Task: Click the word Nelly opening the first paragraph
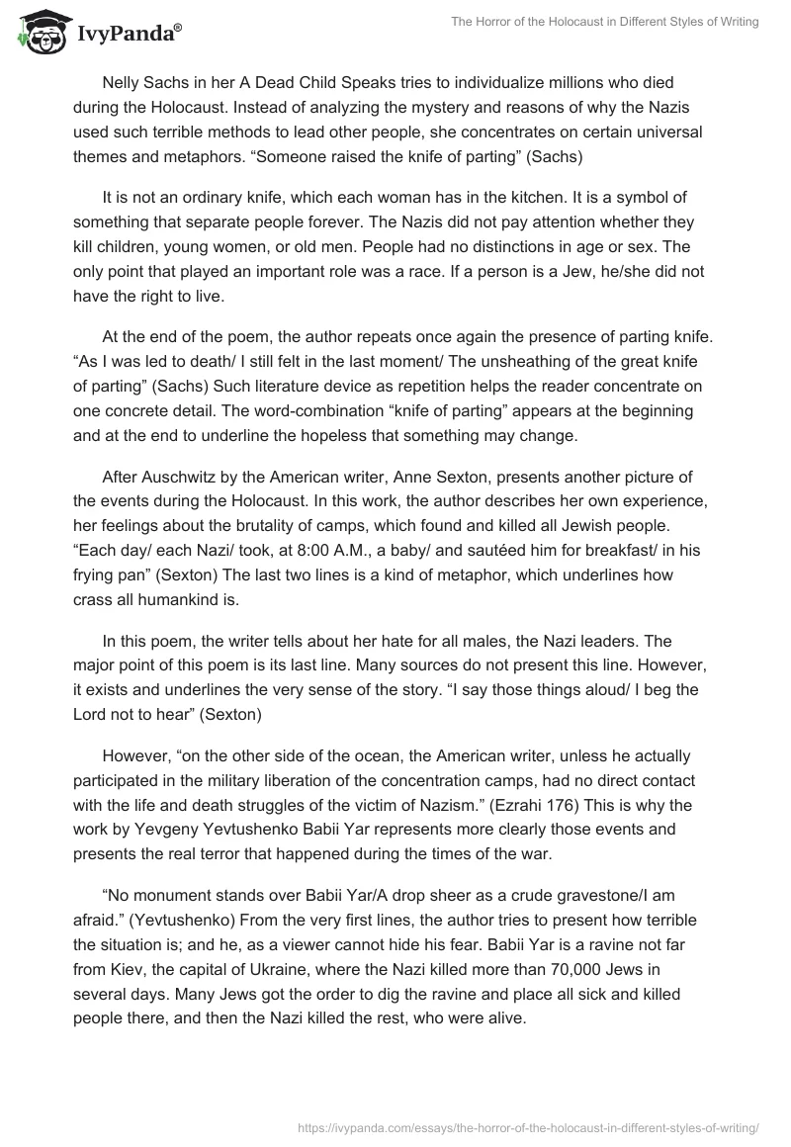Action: [121, 83]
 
